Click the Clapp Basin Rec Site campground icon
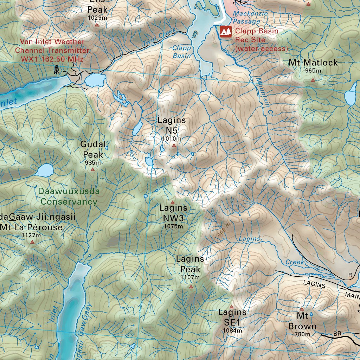tap(225, 32)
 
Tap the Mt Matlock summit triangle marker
tap(313, 80)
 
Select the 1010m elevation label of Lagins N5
tap(172, 139)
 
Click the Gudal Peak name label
tap(93, 149)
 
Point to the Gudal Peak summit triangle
tap(92, 169)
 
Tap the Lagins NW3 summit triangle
tap(172, 202)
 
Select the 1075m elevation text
tap(173, 226)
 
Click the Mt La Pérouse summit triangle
tap(32, 242)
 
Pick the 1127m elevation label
tap(31, 235)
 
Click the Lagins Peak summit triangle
tap(191, 287)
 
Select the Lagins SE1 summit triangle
tap(231, 307)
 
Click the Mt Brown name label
tap(302, 321)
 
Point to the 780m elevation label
tap(302, 334)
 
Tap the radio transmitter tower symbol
tap(57, 70)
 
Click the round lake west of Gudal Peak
tap(44, 171)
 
